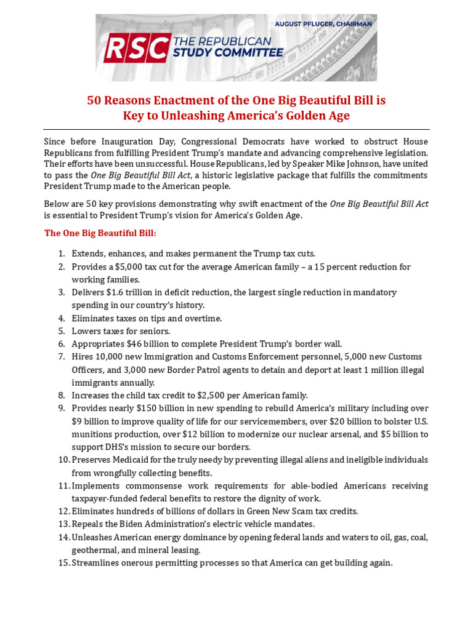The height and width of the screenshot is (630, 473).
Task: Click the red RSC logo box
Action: pyautogui.click(x=136, y=48)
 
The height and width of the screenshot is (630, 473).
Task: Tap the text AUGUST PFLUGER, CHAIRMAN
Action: pyautogui.click(x=323, y=24)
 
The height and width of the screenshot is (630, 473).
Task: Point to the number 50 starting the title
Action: pyautogui.click(x=94, y=100)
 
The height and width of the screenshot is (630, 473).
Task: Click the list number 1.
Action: pyautogui.click(x=62, y=253)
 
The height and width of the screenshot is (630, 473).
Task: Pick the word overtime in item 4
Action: pyautogui.click(x=203, y=318)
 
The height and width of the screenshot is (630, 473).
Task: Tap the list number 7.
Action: pyautogui.click(x=62, y=357)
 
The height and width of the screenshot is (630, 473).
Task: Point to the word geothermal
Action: pyautogui.click(x=95, y=550)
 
